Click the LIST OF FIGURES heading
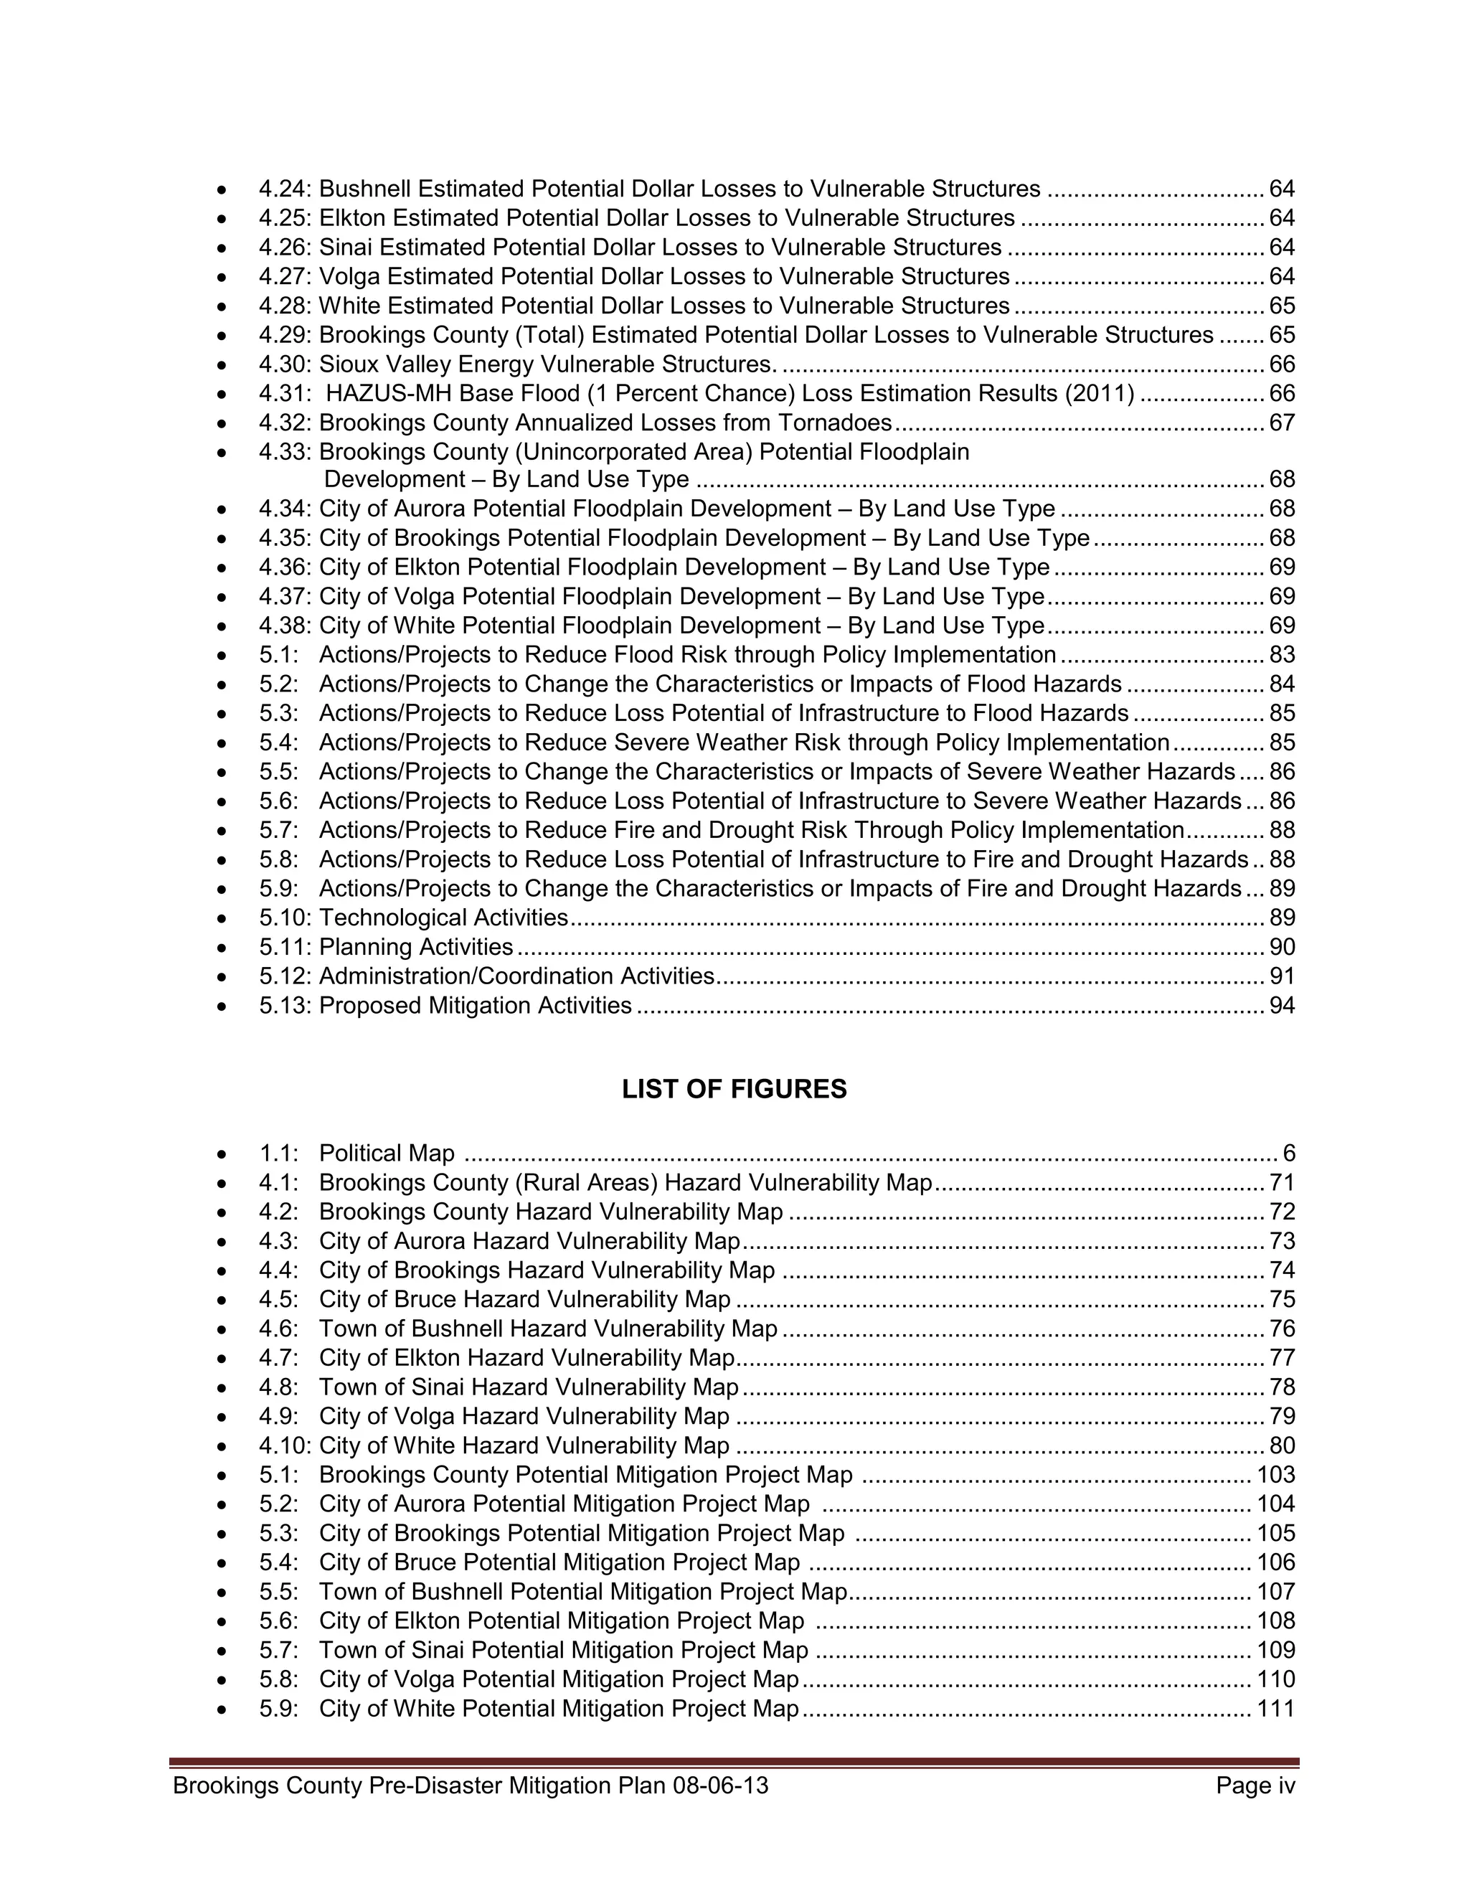734,1089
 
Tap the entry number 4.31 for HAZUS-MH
284,393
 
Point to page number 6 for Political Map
1289,1154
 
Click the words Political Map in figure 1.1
387,1154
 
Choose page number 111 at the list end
1276,1708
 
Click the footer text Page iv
1256,1786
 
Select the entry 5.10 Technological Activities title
443,918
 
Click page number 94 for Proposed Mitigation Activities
1282,1005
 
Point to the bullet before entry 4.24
223,189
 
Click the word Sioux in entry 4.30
347,364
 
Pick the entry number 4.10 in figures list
285,1445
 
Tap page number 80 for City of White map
1282,1445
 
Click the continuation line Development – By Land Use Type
506,480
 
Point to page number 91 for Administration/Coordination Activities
1282,976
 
